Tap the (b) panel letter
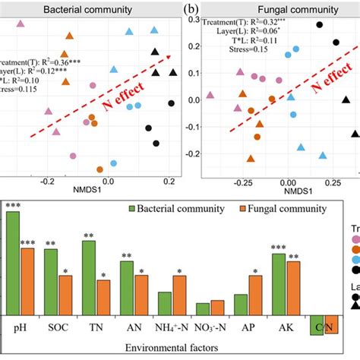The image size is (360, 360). click(191, 9)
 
